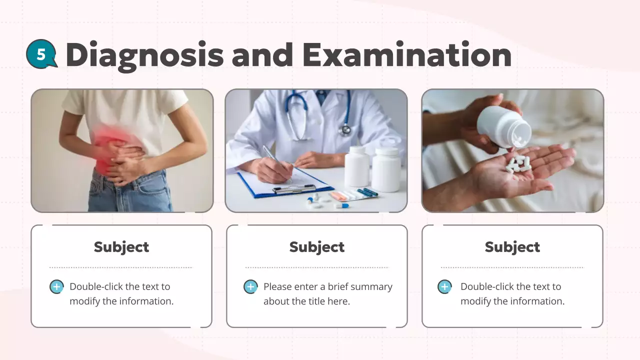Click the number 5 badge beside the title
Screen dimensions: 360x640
pyautogui.click(x=41, y=53)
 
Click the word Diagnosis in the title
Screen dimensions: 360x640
pyautogui.click(x=144, y=55)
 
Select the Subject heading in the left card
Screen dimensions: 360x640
pyautogui.click(x=121, y=247)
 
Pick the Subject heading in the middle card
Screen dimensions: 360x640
pyautogui.click(x=317, y=247)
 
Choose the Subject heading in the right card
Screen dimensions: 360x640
pyautogui.click(x=512, y=247)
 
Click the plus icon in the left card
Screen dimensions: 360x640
pyautogui.click(x=56, y=287)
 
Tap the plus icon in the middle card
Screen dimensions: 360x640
pyautogui.click(x=250, y=287)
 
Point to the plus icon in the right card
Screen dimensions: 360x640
pyautogui.click(x=444, y=287)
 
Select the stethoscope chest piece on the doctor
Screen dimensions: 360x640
pyautogui.click(x=344, y=129)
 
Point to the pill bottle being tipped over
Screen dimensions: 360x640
pyautogui.click(x=503, y=127)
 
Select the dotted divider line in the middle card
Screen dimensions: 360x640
pyautogui.click(x=317, y=267)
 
